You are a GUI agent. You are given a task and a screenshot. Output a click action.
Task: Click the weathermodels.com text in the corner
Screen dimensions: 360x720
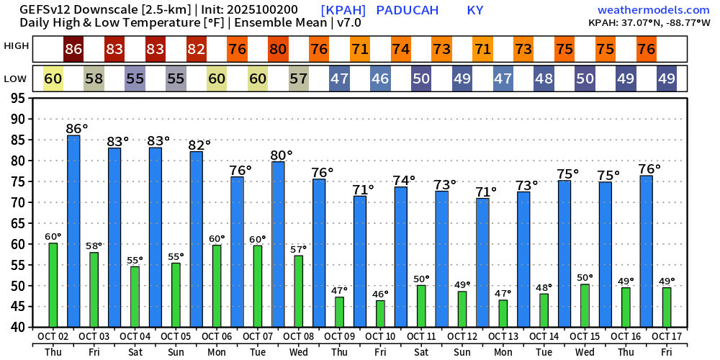point(653,10)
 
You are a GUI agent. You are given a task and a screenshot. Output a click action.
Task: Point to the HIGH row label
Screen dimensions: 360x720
point(17,46)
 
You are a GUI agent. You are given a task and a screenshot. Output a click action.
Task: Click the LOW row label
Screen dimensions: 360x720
point(16,78)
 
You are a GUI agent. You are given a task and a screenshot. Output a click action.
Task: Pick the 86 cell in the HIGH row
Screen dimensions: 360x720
point(73,50)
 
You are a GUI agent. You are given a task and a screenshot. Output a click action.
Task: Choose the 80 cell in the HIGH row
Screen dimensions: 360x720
point(278,50)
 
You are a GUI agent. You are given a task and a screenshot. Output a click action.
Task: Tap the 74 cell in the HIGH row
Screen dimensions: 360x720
point(401,50)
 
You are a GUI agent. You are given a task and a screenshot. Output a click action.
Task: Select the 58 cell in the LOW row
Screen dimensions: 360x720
point(94,78)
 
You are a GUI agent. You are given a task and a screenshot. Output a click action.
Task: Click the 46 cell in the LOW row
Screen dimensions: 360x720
point(380,78)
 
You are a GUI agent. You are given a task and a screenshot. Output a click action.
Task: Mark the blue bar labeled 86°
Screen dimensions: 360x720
point(73,230)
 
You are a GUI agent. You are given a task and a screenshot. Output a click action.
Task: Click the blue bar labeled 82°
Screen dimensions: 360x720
point(196,239)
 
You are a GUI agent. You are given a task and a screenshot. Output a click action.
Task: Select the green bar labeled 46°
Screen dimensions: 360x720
point(380,313)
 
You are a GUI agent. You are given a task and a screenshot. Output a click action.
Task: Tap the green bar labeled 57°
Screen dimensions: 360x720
point(298,291)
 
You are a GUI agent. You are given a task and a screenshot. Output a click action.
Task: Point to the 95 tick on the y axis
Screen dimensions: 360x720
point(23,98)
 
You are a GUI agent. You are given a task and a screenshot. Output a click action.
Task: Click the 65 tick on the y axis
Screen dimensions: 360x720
point(23,223)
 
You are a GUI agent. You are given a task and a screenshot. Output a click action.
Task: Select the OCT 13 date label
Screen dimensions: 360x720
point(503,336)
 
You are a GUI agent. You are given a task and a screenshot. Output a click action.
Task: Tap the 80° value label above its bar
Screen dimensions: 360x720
point(282,155)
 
